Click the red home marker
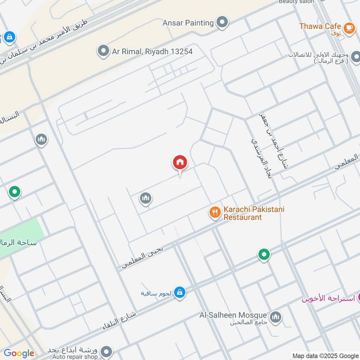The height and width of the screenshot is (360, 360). click(180, 162)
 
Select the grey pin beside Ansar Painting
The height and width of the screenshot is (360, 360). click(222, 22)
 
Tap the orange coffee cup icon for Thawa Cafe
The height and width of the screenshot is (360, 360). click(349, 27)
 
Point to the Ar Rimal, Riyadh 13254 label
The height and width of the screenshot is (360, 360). click(153, 52)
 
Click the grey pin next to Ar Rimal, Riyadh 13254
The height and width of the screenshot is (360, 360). click(103, 51)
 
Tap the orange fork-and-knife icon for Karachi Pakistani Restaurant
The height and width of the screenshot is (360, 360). click(215, 212)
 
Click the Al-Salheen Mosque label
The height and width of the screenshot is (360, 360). click(233, 315)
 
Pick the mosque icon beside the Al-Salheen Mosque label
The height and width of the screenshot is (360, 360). click(276, 317)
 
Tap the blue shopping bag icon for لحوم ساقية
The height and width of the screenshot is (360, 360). click(180, 292)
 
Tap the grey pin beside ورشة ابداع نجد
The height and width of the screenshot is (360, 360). click(106, 351)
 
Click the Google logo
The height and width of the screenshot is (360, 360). click(19, 353)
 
